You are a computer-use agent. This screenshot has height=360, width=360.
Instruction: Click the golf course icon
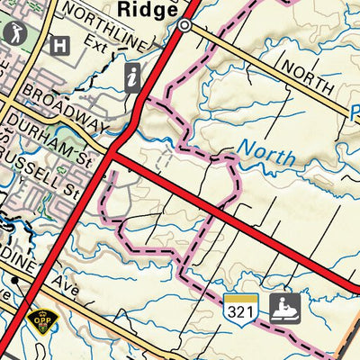pos(15,34)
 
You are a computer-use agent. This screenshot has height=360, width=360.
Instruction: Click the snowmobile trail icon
pos(285,306)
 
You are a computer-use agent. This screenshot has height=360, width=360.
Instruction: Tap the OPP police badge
pos(40,319)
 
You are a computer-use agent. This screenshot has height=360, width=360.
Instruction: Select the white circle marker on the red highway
pos(184,26)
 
